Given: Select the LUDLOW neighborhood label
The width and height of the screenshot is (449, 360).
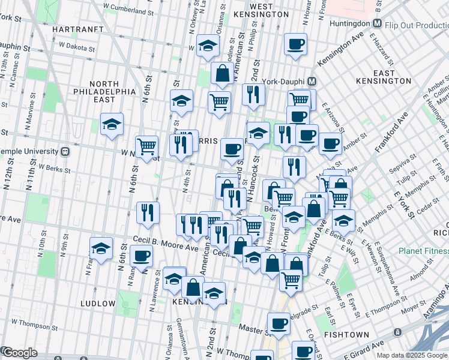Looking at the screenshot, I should tap(98, 304).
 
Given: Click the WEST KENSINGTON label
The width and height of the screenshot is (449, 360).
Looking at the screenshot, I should tap(270, 10).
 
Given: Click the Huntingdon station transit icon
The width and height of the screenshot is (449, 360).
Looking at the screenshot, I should tap(378, 23).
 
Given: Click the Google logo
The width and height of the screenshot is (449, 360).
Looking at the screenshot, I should tap(20, 353).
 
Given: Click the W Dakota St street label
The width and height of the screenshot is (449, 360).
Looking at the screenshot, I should tap(82, 44).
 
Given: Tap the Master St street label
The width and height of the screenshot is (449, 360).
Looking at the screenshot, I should tap(251, 328).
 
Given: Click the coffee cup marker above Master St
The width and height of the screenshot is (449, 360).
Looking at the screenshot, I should tap(279, 323).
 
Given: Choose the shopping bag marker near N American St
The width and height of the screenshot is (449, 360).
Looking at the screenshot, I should tap(222, 73).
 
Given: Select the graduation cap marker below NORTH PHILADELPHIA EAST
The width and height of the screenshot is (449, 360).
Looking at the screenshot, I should tap(112, 125).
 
